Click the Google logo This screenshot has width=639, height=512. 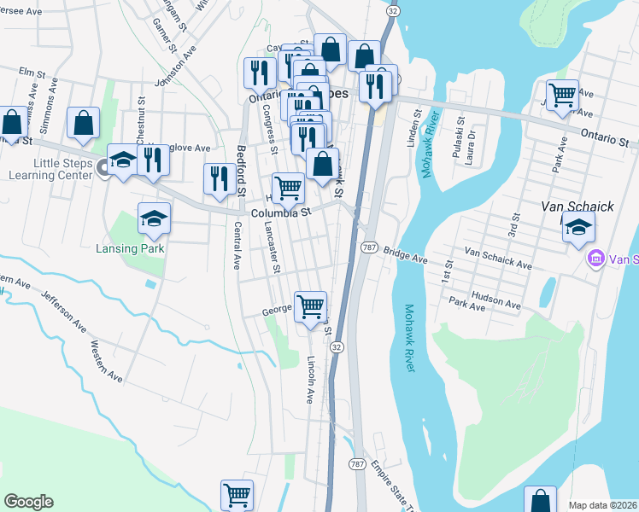tap(28, 502)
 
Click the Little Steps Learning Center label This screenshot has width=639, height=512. tap(50, 168)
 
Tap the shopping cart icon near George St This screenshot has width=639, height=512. tap(310, 305)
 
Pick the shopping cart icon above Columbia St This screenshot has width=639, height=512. tap(288, 187)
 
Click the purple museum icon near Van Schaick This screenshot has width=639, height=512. tap(595, 257)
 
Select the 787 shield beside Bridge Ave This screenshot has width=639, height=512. tap(369, 247)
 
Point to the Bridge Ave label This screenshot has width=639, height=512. tap(405, 255)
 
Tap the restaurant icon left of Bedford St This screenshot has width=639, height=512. tap(220, 178)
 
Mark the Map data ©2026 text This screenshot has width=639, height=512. tap(601, 505)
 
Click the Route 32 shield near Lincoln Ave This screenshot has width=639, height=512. tap(337, 346)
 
